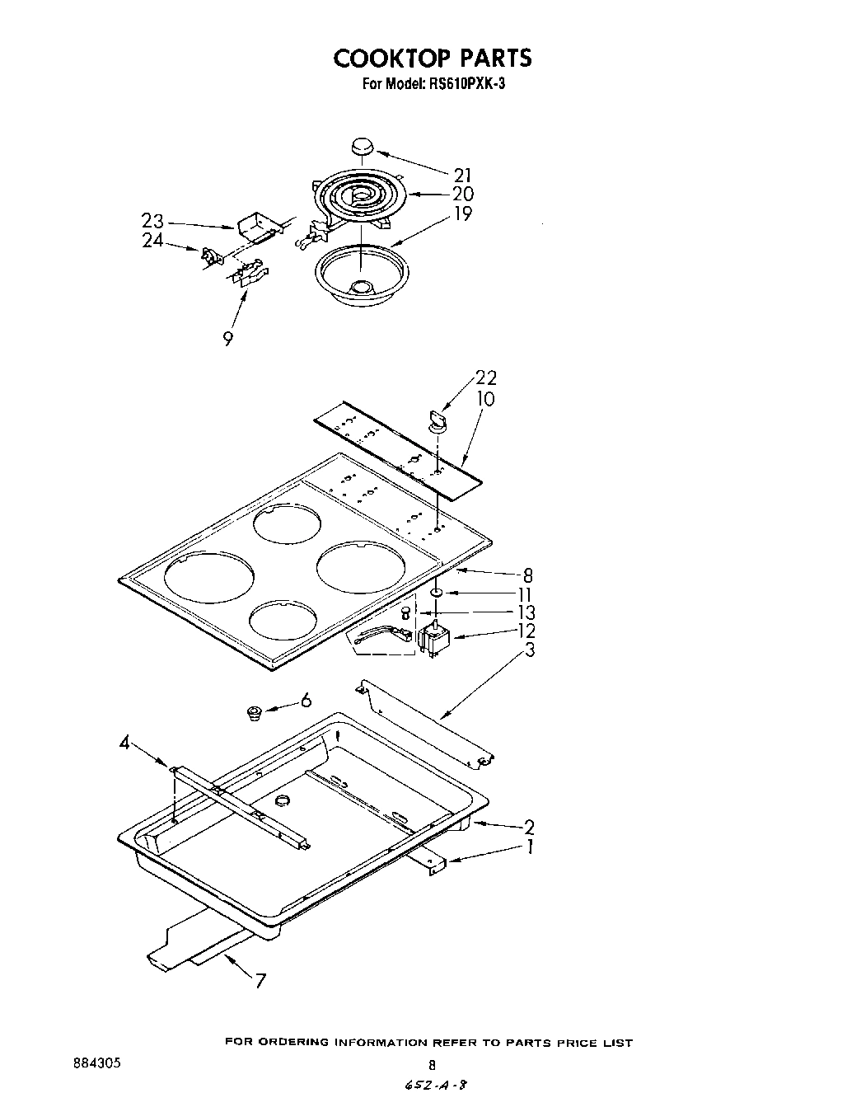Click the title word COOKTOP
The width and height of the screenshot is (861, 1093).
[390, 58]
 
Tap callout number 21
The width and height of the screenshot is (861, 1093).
[463, 174]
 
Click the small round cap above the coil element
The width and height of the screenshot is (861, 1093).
[361, 147]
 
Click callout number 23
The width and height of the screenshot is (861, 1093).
[152, 222]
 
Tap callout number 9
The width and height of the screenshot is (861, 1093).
[227, 338]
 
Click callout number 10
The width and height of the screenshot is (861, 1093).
[486, 399]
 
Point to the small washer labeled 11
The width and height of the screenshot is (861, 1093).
[437, 592]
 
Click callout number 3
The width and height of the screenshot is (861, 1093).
[530, 650]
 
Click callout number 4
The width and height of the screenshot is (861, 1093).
[124, 744]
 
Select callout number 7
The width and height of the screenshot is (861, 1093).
[260, 981]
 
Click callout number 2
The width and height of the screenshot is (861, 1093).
[529, 827]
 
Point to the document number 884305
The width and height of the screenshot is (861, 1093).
[97, 1063]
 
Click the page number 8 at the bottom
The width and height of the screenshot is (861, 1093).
[431, 1064]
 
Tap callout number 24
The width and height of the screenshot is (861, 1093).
[152, 242]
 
